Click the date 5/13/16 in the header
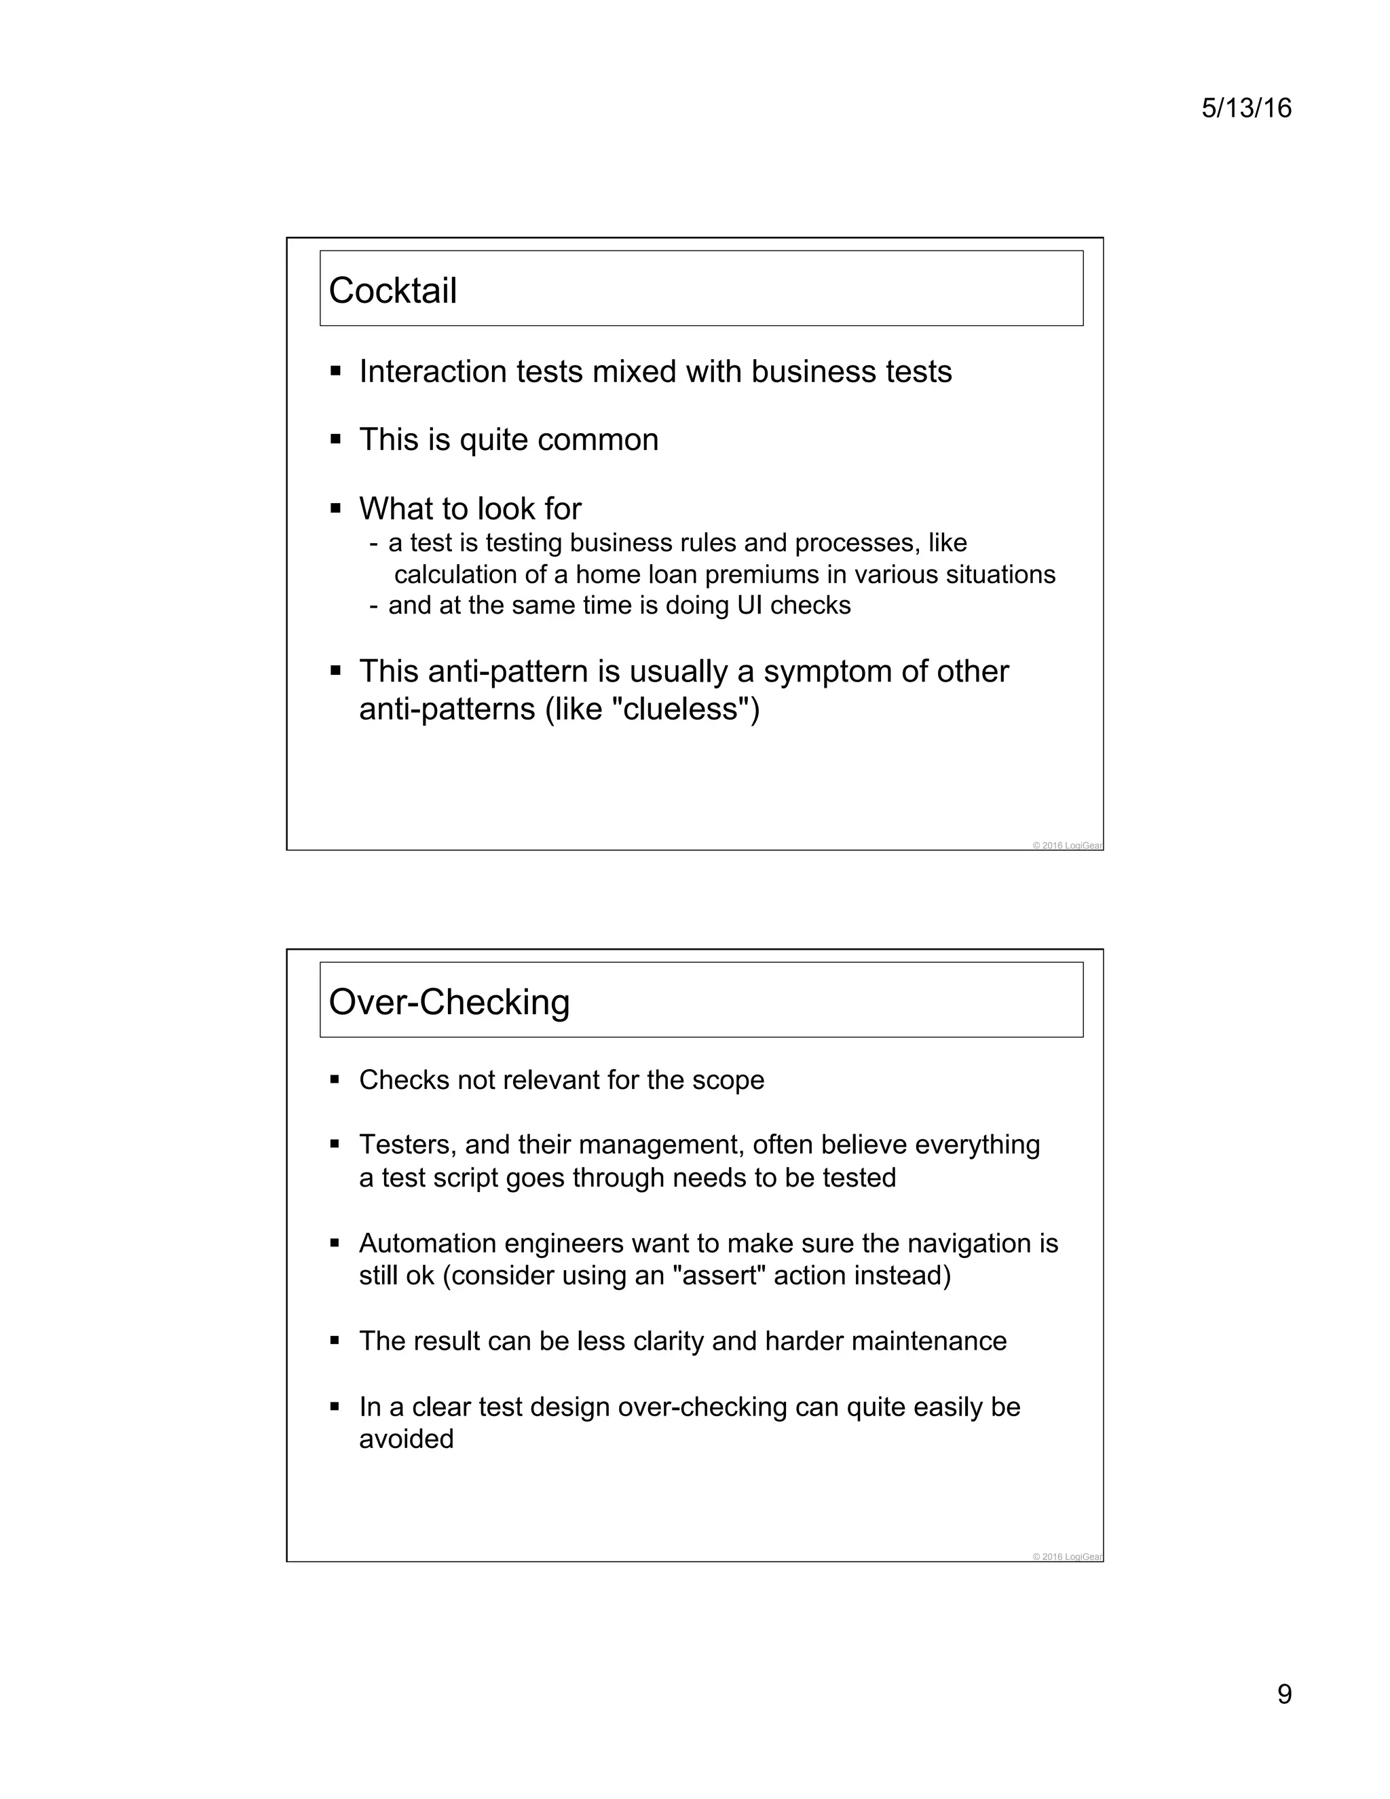1246,108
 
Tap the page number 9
1283,1694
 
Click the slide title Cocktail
393,291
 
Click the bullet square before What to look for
335,508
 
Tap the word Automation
428,1243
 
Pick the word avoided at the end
406,1439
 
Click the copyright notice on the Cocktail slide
1066,845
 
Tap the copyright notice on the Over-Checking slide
1066,1557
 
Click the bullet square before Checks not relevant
335,1080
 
